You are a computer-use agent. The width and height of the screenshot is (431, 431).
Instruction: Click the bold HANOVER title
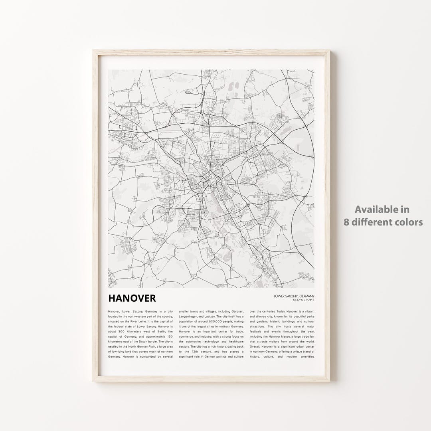pos(132,298)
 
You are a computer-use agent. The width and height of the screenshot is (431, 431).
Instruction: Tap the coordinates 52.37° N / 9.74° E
pos(303,300)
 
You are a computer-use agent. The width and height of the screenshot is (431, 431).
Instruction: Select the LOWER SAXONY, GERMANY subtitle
pos(295,296)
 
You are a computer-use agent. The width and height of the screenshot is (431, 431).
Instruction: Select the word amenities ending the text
pos(305,357)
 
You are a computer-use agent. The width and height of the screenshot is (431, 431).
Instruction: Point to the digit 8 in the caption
pos(347,222)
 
